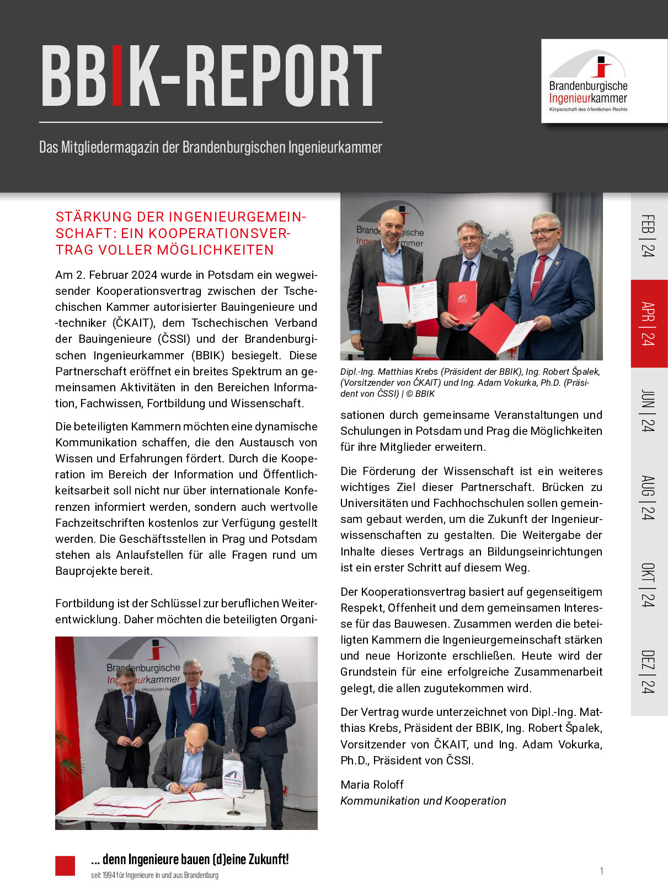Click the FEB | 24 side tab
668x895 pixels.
[x=649, y=236]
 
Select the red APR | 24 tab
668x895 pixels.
[x=649, y=324]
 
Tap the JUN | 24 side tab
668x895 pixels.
[x=649, y=411]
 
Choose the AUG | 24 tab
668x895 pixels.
[x=649, y=498]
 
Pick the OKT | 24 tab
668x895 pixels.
[x=649, y=585]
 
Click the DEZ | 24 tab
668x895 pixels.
[x=649, y=672]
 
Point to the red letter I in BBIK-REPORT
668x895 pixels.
[x=117, y=76]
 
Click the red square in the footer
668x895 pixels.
[x=65, y=865]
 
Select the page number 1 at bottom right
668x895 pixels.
[x=601, y=871]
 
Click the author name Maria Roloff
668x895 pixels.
[x=372, y=785]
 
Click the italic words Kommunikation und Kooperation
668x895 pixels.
[x=423, y=801]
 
